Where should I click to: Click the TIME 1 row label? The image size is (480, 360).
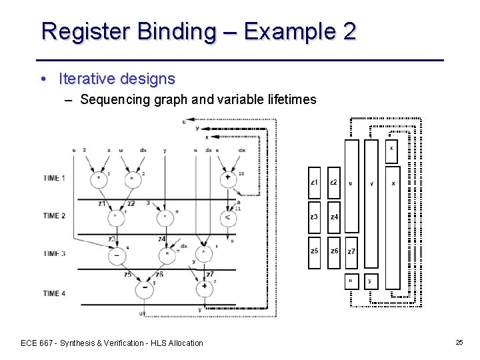[63, 178]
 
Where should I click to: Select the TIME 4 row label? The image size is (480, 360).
[63, 293]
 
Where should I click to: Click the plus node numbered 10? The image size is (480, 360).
[228, 178]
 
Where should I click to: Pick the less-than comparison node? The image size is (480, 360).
[228, 217]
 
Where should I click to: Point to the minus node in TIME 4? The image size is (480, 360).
[143, 289]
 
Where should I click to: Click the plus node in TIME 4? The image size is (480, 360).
[204, 287]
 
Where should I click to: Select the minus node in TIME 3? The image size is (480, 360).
[117, 255]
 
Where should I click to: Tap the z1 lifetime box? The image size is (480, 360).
[315, 183]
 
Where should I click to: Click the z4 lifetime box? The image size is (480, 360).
[334, 217]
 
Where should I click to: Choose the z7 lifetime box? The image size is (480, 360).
[352, 251]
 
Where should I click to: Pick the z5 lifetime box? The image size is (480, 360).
[315, 251]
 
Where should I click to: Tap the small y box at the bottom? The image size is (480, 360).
[370, 281]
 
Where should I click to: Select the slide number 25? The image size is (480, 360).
[459, 342]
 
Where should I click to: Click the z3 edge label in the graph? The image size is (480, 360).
[112, 239]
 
